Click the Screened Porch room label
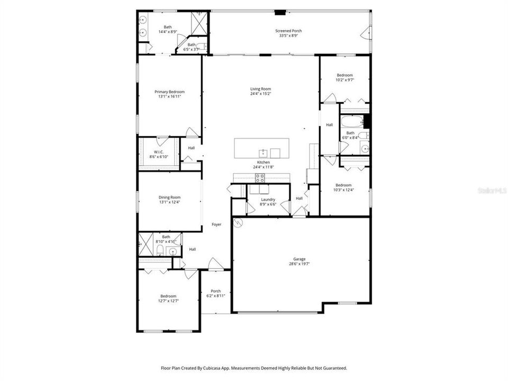(289, 31)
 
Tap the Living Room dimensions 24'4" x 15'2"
(261, 94)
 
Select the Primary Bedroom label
(169, 92)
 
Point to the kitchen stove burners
(260, 177)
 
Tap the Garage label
(300, 259)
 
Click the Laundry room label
(268, 199)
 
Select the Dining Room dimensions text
(169, 202)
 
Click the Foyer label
(216, 224)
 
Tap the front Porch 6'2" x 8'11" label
(216, 291)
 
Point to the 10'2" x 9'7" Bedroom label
(344, 75)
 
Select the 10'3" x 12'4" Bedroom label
(343, 185)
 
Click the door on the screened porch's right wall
(365, 35)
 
